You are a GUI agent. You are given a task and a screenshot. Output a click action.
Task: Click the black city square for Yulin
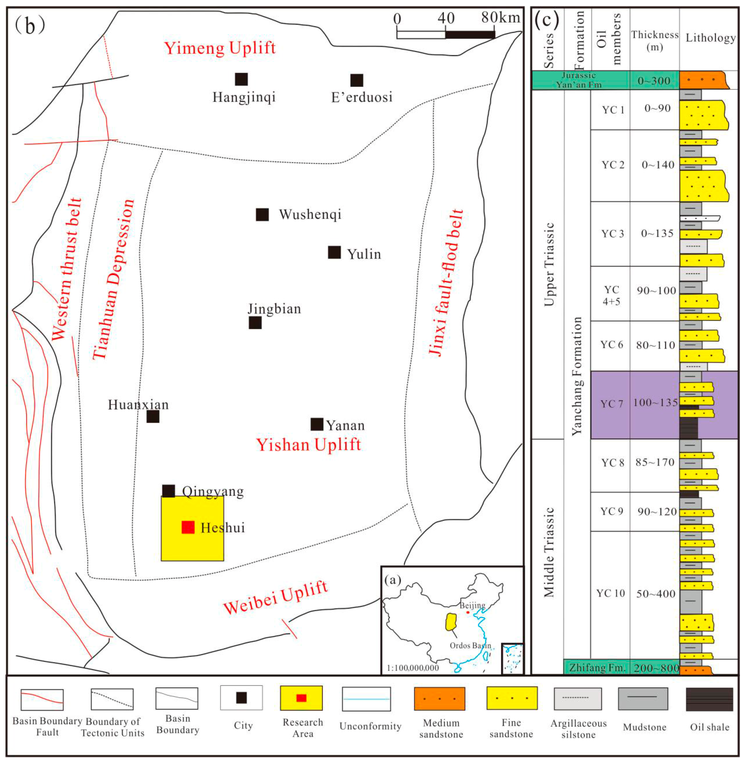pos(334,252)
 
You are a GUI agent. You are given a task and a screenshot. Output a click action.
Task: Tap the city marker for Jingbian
pos(255,323)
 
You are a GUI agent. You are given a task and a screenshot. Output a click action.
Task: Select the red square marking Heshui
pos(188,527)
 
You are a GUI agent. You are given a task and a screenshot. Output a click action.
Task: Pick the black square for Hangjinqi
pos(241,79)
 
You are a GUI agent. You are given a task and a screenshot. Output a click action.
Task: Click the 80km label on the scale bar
pos(500,18)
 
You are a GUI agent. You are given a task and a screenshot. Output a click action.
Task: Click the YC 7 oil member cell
pos(612,404)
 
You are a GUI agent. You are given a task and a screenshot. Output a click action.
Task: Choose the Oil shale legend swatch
pos(709,699)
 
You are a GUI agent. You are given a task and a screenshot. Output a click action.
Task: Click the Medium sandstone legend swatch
pos(440,699)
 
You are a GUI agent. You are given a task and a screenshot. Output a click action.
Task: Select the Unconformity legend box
pos(366,699)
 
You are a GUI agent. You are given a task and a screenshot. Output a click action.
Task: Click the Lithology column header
pos(710,38)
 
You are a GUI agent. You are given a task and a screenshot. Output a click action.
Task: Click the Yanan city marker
pos(317,424)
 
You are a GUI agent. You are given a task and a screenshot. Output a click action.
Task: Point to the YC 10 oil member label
pos(610,593)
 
